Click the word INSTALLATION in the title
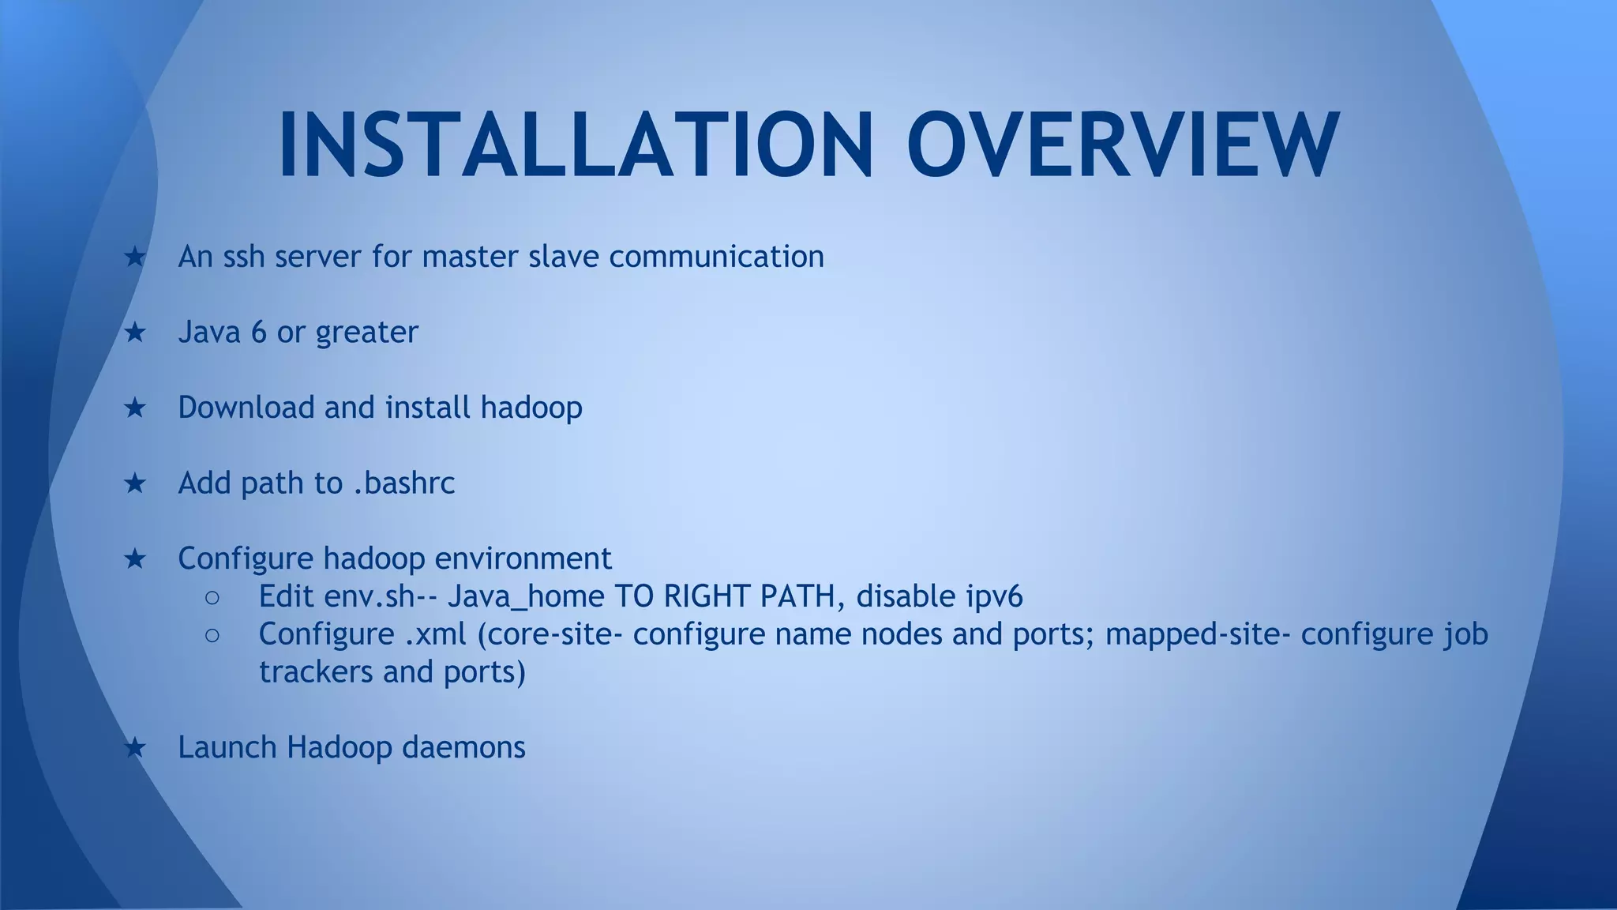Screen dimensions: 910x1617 [x=575, y=145]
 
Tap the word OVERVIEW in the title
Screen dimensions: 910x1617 [x=1122, y=145]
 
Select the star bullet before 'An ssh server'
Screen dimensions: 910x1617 [x=135, y=257]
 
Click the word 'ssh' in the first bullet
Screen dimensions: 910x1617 [x=243, y=257]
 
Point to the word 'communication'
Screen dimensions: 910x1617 [x=716, y=257]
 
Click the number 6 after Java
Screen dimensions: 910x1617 [x=258, y=333]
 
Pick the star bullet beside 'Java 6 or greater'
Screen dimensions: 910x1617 [x=135, y=333]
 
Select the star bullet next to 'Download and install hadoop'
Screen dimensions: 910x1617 [x=135, y=408]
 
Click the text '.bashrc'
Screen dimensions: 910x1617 [x=403, y=483]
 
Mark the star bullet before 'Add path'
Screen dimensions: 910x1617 [x=135, y=483]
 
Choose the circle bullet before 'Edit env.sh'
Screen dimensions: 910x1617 [x=212, y=597]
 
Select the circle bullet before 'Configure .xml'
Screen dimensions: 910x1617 [x=212, y=635]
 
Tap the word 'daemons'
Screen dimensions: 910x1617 [x=463, y=747]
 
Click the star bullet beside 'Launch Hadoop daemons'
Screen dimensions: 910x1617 [x=135, y=747]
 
